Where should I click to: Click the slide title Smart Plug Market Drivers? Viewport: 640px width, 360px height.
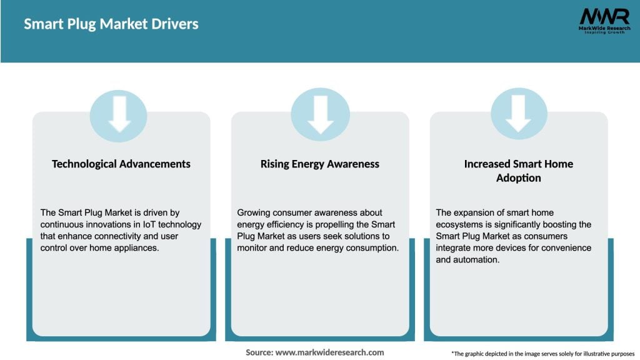[111, 24]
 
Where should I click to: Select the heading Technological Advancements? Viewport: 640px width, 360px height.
[121, 164]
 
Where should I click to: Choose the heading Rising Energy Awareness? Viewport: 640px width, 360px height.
[320, 164]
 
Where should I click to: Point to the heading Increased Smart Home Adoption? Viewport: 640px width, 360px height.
[518, 171]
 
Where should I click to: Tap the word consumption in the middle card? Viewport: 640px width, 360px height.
[373, 247]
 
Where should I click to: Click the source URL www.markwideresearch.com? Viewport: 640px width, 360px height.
[329, 352]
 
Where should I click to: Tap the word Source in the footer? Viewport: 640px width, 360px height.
[259, 352]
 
